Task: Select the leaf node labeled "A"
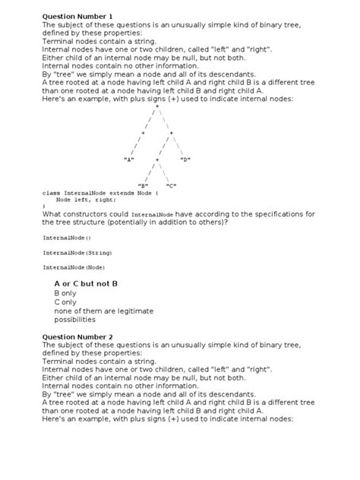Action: pos(128,159)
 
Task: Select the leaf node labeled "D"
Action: pos(185,159)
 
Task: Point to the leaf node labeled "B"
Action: pos(143,185)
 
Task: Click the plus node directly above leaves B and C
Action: pos(156,159)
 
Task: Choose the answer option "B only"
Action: pos(65,292)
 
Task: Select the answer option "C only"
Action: pos(65,302)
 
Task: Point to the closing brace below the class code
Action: pos(44,207)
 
